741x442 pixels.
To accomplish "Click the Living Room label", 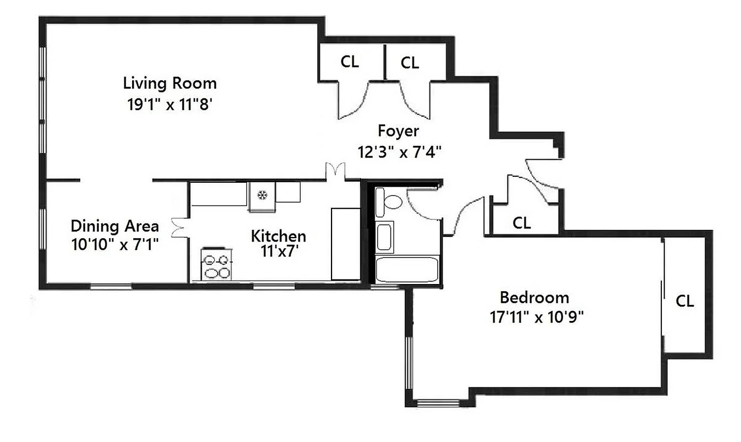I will (170, 83).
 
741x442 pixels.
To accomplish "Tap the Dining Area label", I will (115, 226).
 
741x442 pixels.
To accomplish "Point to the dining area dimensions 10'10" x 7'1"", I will (115, 244).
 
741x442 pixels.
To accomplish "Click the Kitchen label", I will (278, 236).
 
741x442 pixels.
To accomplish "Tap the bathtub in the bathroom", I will (407, 269).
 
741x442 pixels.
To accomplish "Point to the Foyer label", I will (398, 131).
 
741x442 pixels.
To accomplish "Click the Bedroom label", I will (534, 298).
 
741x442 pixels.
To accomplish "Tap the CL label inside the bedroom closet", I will (685, 301).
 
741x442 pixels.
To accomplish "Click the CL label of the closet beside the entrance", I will (522, 223).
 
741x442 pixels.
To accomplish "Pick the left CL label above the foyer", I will (349, 61).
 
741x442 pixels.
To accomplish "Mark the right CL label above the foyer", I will (409, 63).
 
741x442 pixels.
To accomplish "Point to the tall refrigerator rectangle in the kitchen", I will (345, 244).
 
